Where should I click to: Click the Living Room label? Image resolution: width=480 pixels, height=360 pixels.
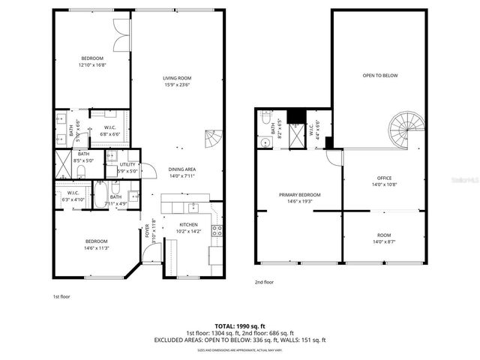pos(178,78)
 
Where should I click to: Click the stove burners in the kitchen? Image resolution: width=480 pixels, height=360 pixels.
pos(217,231)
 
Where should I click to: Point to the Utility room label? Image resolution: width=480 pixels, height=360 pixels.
pos(127,164)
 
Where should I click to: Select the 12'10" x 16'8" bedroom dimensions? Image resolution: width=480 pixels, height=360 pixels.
pos(93,65)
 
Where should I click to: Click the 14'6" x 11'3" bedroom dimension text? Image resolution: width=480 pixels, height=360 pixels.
pos(96,248)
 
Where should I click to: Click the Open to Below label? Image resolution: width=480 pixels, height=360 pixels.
pos(379,76)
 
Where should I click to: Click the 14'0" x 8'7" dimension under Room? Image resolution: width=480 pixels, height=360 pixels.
pos(384,241)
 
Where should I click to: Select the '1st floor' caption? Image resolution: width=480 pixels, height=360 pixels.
pos(62,295)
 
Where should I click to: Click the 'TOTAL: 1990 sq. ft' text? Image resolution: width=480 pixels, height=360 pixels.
pos(240,326)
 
